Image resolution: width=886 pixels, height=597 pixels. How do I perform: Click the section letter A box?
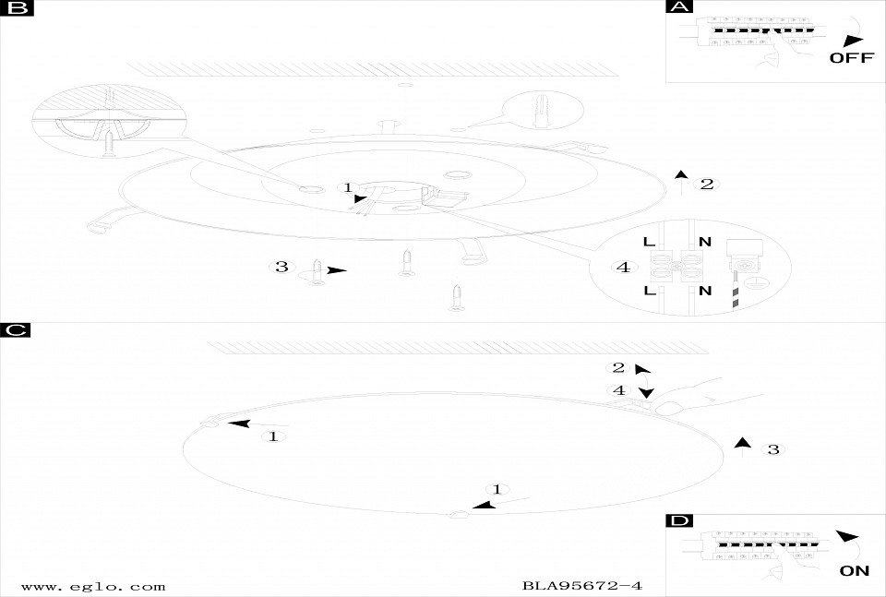pos(679,6)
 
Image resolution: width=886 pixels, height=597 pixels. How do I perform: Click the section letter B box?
pos(17,8)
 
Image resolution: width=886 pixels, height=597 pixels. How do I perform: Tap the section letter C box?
pos(16,329)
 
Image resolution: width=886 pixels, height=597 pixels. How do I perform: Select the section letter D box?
pos(679,520)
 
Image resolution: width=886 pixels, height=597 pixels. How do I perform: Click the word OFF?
pos(852,57)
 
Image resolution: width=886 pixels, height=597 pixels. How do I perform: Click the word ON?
pos(855,571)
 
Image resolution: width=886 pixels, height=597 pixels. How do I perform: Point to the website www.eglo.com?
pos(93,587)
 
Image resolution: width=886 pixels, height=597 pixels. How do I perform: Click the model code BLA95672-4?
pos(582,586)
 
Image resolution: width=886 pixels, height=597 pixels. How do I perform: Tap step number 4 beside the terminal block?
pos(624,268)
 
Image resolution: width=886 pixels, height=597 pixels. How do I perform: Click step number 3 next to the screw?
pos(281,267)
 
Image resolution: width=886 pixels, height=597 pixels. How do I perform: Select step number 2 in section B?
pos(707,184)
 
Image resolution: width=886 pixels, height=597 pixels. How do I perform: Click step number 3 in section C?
pos(773,449)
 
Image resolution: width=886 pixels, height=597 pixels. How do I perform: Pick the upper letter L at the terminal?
pos(649,242)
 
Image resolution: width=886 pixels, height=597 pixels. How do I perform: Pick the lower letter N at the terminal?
pos(704,291)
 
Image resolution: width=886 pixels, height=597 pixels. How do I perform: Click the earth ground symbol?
pos(751,283)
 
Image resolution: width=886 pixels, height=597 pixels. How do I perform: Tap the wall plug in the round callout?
pos(541,110)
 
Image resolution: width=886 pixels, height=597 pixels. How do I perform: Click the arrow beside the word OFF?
pos(853,42)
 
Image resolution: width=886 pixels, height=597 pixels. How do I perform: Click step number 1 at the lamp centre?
pos(348,187)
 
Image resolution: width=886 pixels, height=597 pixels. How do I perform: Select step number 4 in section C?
pos(618,390)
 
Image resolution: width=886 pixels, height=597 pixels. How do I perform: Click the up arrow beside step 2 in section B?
pos(681,182)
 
